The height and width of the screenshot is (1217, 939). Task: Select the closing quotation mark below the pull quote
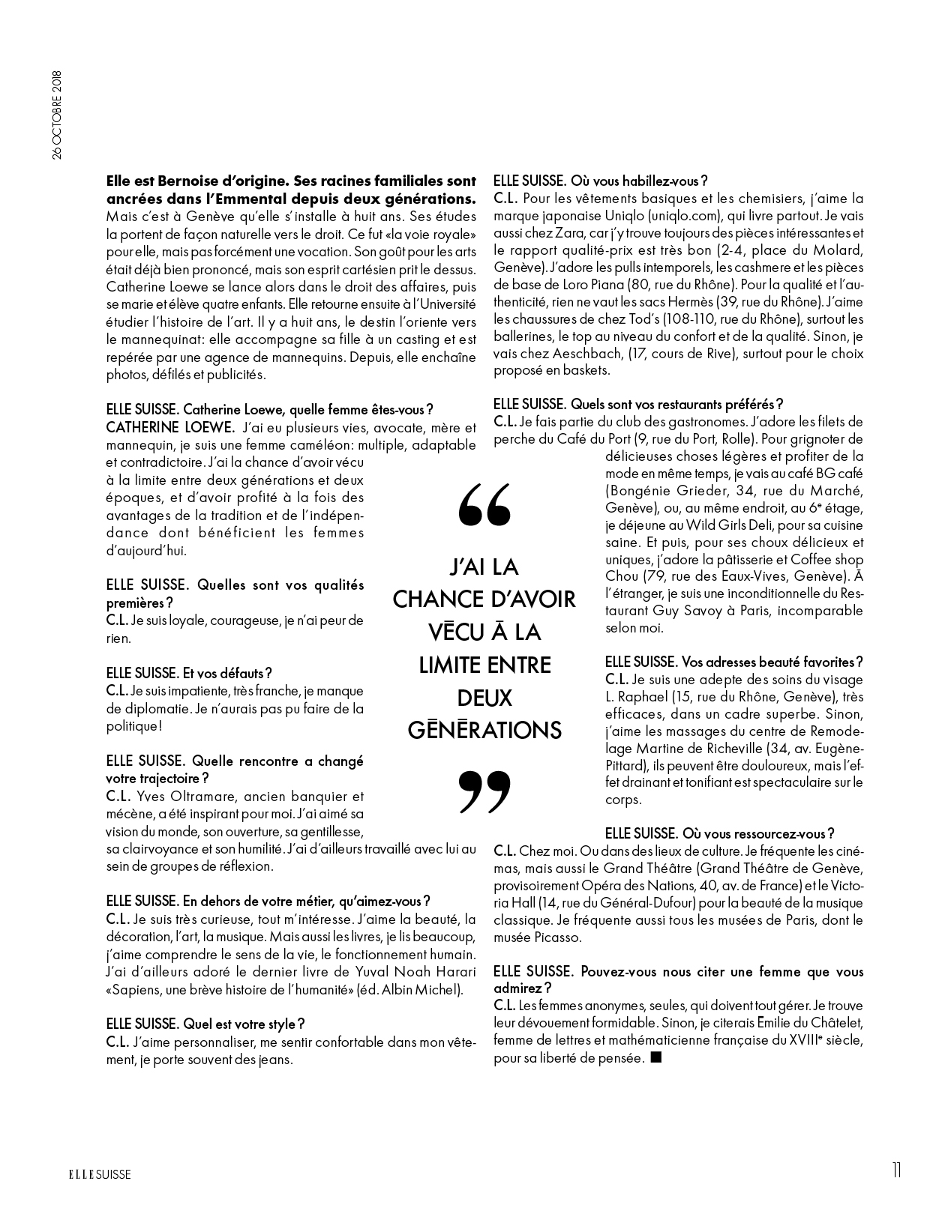[x=484, y=791]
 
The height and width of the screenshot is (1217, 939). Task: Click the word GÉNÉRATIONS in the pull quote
[x=484, y=730]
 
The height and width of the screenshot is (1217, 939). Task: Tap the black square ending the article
[x=656, y=1057]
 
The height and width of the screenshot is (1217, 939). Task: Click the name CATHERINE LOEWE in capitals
[x=170, y=428]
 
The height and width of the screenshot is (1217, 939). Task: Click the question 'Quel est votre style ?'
[x=205, y=1024]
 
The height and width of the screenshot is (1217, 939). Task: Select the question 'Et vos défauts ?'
[x=189, y=674]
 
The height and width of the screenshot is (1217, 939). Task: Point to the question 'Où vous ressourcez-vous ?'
[x=719, y=833]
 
